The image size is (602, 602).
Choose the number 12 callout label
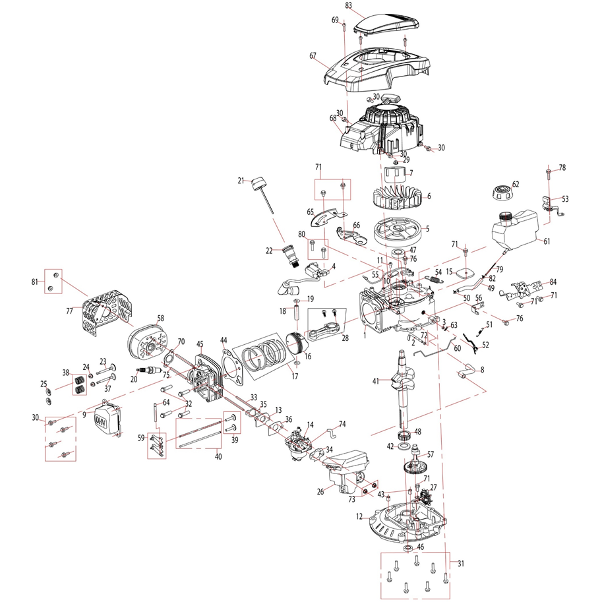click(359, 518)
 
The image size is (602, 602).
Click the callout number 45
click(200, 344)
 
